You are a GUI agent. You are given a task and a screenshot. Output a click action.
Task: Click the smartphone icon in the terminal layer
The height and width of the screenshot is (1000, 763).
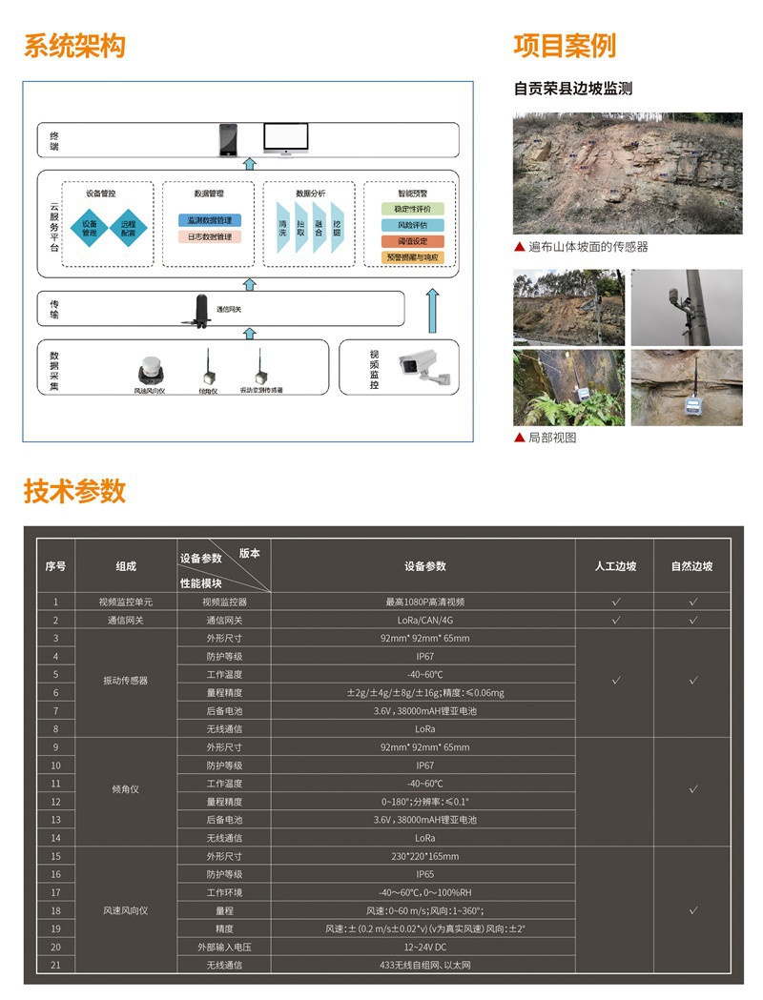(x=228, y=140)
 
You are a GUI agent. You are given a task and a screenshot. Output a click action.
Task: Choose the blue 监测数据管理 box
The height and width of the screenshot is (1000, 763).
(x=209, y=220)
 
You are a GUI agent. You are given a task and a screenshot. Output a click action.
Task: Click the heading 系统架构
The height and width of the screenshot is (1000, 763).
(x=74, y=46)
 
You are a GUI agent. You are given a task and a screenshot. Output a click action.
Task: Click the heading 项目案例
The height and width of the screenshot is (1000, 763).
(x=565, y=46)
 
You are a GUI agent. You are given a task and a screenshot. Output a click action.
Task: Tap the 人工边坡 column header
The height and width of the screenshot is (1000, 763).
(x=615, y=566)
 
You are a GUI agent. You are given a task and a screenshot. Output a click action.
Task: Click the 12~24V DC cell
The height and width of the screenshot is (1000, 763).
(x=423, y=947)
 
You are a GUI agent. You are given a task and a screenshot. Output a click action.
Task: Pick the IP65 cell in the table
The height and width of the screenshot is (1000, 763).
(x=423, y=874)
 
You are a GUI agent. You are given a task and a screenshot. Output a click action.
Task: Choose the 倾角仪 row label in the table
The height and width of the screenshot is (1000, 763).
(x=126, y=789)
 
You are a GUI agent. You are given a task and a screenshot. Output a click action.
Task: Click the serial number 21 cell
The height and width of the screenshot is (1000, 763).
(x=55, y=965)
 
